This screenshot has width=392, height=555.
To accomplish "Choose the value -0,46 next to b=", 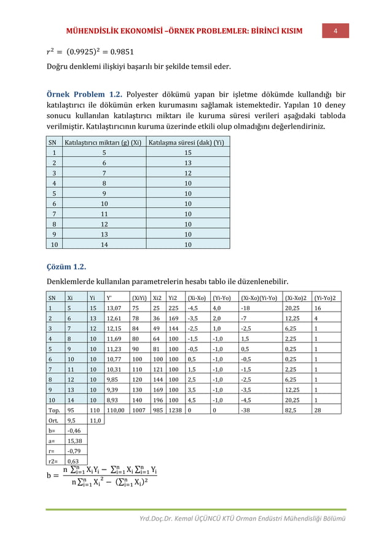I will pos(73,433).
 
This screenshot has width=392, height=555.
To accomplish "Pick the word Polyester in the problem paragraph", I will pos(151,95).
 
